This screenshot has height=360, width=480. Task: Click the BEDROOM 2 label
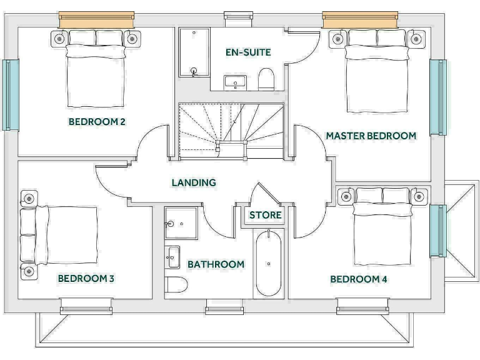pyautogui.click(x=97, y=122)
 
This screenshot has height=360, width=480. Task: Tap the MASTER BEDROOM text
pyautogui.click(x=371, y=135)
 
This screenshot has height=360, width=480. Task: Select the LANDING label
pyautogui.click(x=194, y=182)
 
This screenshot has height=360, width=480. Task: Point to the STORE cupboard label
pyautogui.click(x=266, y=215)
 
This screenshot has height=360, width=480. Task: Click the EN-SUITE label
pyautogui.click(x=248, y=52)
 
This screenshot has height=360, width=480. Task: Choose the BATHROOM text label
pyautogui.click(x=216, y=264)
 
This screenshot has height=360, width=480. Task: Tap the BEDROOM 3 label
pyautogui.click(x=86, y=278)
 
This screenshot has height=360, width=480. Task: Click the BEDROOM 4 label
pyautogui.click(x=359, y=279)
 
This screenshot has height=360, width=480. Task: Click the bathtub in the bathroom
pyautogui.click(x=269, y=262)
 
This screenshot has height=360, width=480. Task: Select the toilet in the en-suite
pyautogui.click(x=266, y=80)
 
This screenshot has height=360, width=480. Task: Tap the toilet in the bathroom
pyautogui.click(x=177, y=286)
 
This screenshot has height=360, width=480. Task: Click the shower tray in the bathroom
pyautogui.click(x=181, y=222)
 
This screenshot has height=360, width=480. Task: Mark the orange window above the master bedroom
pyautogui.click(x=360, y=19)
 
